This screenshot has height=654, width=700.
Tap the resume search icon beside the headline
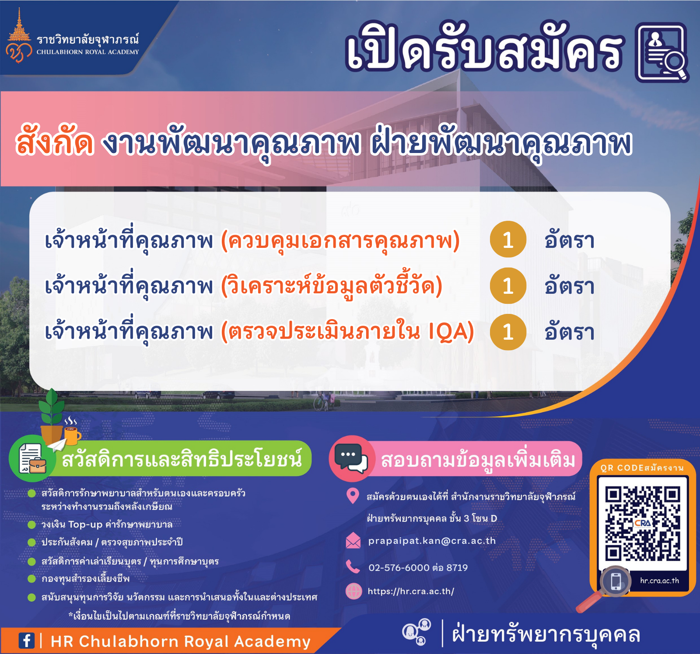point(662,53)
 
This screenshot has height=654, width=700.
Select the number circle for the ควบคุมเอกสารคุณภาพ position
point(508,240)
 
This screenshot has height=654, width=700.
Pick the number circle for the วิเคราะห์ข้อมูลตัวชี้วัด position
point(508,286)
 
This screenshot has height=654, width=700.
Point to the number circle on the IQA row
point(508,332)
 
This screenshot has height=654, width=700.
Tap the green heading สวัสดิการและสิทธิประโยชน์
point(182,459)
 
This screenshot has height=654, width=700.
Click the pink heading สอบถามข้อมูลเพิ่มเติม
point(478,460)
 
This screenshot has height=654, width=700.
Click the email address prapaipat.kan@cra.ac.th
point(432,541)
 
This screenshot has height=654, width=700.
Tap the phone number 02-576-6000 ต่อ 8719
point(418,567)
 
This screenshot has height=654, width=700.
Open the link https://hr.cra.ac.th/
point(411,591)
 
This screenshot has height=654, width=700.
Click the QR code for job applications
point(643,524)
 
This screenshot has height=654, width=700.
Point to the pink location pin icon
point(353,496)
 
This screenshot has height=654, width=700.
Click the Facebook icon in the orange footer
point(26,641)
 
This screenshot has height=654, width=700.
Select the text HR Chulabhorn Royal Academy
point(180,641)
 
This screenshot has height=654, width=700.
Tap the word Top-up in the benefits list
point(85,525)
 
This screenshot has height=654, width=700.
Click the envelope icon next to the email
point(353,541)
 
